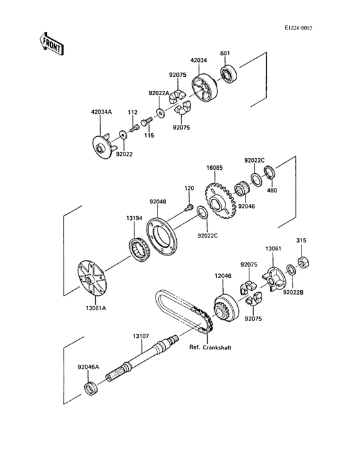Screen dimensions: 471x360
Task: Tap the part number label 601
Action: click(x=225, y=53)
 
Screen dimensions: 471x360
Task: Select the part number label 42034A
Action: click(x=101, y=112)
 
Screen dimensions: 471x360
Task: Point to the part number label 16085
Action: click(x=214, y=167)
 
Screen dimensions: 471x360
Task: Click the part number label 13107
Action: click(x=141, y=336)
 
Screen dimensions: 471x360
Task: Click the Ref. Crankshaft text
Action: click(x=210, y=347)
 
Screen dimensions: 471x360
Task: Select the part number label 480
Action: click(x=271, y=190)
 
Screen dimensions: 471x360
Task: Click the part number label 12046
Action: click(x=222, y=275)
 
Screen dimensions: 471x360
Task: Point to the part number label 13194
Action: click(x=134, y=219)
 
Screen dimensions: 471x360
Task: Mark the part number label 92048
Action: click(x=158, y=201)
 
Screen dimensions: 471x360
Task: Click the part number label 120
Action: click(x=189, y=188)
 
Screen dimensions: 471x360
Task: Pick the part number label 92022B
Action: click(x=293, y=292)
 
